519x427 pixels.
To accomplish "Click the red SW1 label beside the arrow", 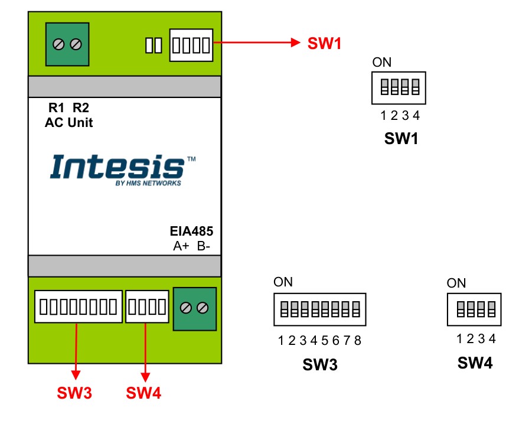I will point(324,43).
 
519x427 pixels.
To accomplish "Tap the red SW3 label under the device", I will point(74,393).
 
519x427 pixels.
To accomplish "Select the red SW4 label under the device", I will point(143,393).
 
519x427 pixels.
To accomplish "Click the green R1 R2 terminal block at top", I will point(67,45).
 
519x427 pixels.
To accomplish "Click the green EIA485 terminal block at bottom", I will point(194,308).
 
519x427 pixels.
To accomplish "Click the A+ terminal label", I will point(181,246).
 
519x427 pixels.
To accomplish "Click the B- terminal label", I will point(204,246).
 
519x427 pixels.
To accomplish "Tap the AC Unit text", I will point(68,123).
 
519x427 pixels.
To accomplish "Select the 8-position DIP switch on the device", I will point(79,306).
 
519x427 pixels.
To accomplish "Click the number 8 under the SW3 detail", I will point(358,341).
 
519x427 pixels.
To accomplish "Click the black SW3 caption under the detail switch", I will point(319,364).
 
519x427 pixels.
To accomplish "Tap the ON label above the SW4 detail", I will point(456,283).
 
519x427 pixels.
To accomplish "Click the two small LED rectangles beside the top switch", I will point(153,45).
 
